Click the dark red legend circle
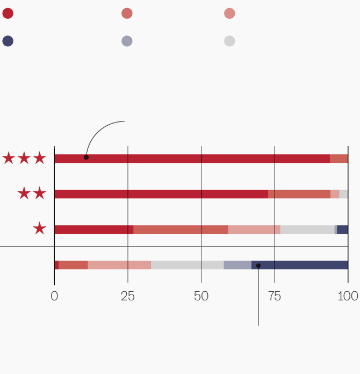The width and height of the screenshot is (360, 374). tap(8, 13)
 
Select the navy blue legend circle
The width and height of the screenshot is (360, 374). tap(8, 41)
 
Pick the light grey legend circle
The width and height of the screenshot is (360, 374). tap(229, 41)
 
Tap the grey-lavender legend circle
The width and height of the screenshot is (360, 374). tap(127, 41)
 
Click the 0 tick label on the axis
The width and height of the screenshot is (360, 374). tap(54, 296)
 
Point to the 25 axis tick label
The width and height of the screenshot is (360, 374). tap(127, 296)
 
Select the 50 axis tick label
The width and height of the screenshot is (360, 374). tap(201, 296)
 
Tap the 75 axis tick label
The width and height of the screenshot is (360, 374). tap(275, 296)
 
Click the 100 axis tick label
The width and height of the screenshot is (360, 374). tap(348, 296)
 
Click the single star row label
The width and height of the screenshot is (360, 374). tap(39, 229)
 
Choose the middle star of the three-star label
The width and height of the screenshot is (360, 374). tap(24, 158)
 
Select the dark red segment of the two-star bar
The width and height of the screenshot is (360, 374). tap(161, 194)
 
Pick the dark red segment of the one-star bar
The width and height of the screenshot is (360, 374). tap(94, 229)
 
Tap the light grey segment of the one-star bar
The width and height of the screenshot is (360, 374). tap(307, 229)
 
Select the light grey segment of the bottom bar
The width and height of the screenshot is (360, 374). tap(188, 265)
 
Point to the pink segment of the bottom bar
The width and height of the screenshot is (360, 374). tap(119, 265)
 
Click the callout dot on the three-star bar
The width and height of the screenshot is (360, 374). tap(86, 157)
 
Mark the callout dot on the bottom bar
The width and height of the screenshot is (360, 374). tap(258, 265)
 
